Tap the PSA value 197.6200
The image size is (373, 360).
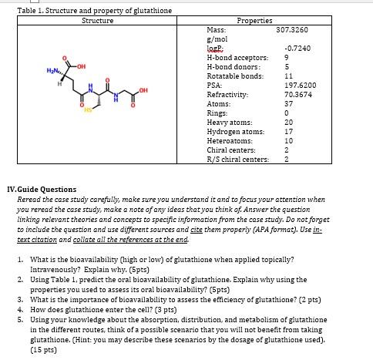[x=286, y=86]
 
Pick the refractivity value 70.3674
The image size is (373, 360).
[x=286, y=94]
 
